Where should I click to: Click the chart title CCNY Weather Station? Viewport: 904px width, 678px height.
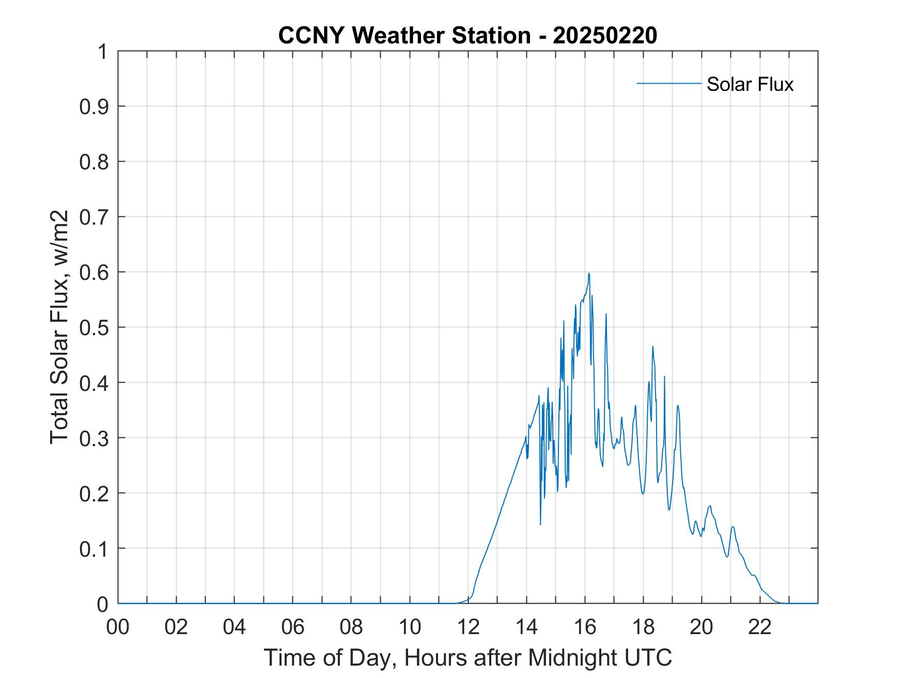[404, 36]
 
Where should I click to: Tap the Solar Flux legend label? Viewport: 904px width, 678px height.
[750, 84]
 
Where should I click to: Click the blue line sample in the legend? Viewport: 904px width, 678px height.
[668, 83]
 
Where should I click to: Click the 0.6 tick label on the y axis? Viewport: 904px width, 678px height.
[95, 272]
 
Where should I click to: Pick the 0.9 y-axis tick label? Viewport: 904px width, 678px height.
[95, 106]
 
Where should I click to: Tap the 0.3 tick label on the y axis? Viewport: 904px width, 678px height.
[95, 438]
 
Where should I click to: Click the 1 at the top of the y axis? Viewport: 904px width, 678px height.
[102, 52]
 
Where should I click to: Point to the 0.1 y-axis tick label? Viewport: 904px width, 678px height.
[95, 549]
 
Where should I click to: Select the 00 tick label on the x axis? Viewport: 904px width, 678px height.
[118, 627]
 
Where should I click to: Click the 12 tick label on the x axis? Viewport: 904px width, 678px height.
[468, 627]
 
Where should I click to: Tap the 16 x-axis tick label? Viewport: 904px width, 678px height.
[585, 627]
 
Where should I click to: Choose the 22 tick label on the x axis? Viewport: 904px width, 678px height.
[760, 627]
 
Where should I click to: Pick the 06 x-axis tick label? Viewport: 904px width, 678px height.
[293, 627]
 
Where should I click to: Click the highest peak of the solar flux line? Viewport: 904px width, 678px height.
[589, 274]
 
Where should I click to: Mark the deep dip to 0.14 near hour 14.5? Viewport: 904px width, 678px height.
[540, 524]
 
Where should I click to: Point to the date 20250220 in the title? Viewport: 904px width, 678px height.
[604, 36]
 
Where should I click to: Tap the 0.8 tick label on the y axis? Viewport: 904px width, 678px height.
[95, 162]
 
